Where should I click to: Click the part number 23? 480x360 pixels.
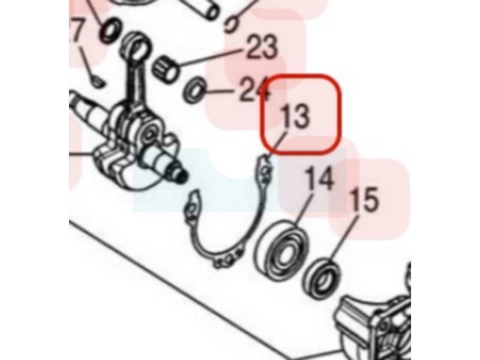[x=262, y=47]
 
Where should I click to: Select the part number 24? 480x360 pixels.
[x=254, y=89]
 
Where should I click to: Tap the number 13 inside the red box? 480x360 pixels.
[x=295, y=116]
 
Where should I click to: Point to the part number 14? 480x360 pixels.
[x=319, y=178]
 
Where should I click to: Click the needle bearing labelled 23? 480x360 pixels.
[x=166, y=70]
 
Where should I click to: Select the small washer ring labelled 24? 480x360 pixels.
[x=194, y=91]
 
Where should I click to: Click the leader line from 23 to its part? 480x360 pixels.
[x=211, y=58]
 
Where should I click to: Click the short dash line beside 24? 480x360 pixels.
[x=219, y=91]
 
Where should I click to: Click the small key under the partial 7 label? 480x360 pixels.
[x=98, y=82]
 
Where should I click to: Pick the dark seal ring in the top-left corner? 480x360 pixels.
[x=110, y=31]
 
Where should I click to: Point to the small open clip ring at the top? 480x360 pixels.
[x=231, y=25]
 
